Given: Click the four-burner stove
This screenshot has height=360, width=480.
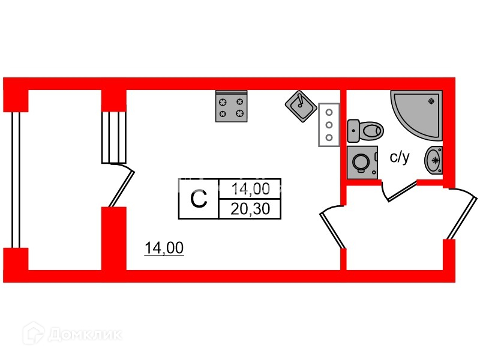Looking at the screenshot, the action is tap(232, 106).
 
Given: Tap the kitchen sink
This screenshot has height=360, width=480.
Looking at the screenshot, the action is tap(301, 106).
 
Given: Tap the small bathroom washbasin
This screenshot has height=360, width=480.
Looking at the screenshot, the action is tap(434, 160).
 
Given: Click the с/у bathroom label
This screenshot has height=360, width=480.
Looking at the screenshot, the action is tap(400, 158).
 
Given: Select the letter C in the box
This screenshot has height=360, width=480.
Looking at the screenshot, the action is tap(199, 199).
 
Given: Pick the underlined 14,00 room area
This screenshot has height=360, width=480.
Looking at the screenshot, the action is tap(164, 248).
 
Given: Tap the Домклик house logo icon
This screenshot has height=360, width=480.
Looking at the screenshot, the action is tap(34, 334).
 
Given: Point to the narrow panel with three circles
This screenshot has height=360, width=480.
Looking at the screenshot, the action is tap(329, 124).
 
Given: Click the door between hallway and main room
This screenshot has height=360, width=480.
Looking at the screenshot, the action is tap(332, 228).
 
